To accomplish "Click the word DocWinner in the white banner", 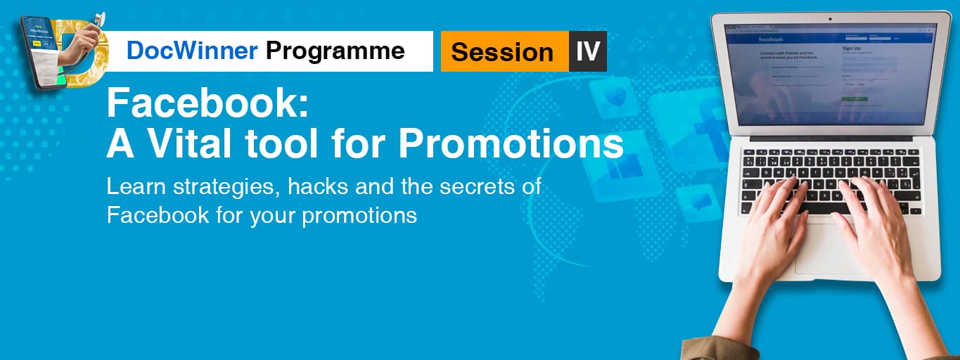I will point(192,51).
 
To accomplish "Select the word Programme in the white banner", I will point(335,51).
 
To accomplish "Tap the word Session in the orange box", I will point(502,51).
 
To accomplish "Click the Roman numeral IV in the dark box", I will point(587,51).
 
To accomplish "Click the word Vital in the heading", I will point(186,144).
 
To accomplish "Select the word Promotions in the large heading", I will point(511,144).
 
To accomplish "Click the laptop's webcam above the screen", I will point(830,18).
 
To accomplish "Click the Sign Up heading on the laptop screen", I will point(852,48).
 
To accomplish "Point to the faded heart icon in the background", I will point(615,97).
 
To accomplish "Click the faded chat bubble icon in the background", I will point(699,202).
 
